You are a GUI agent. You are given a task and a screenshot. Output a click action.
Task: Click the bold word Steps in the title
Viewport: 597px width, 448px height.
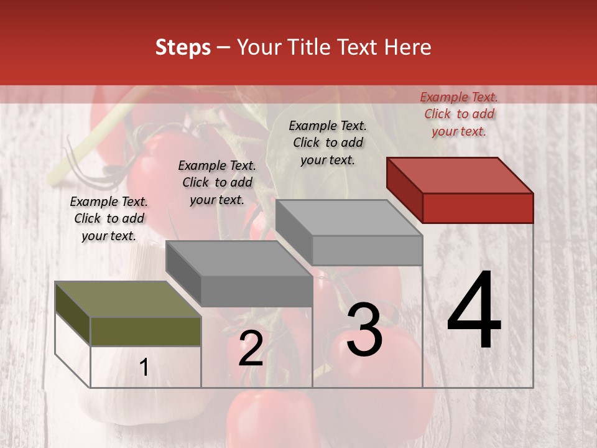(x=183, y=47)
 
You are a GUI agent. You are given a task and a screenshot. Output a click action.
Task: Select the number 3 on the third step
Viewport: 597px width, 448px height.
(x=364, y=330)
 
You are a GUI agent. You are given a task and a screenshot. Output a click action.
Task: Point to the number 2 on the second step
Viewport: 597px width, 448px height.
(x=251, y=348)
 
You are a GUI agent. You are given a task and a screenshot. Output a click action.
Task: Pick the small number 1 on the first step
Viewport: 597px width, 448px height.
(x=144, y=368)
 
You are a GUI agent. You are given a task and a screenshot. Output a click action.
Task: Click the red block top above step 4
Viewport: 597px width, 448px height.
(x=460, y=175)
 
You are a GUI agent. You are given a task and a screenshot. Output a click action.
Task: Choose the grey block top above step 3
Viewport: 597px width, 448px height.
(x=349, y=218)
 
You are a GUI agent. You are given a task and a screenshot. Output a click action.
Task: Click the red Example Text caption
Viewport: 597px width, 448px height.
(x=459, y=114)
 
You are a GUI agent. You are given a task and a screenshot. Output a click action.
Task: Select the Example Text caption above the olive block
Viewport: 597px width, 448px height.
(x=109, y=218)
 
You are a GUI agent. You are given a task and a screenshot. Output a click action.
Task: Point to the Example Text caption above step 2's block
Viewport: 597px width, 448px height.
(x=217, y=182)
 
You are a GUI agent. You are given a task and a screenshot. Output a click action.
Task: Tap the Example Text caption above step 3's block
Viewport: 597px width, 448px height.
(x=328, y=142)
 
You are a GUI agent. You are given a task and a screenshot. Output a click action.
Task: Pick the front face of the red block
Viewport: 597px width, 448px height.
(x=478, y=208)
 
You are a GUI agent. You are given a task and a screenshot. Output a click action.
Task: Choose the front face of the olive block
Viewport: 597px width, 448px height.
(x=146, y=331)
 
